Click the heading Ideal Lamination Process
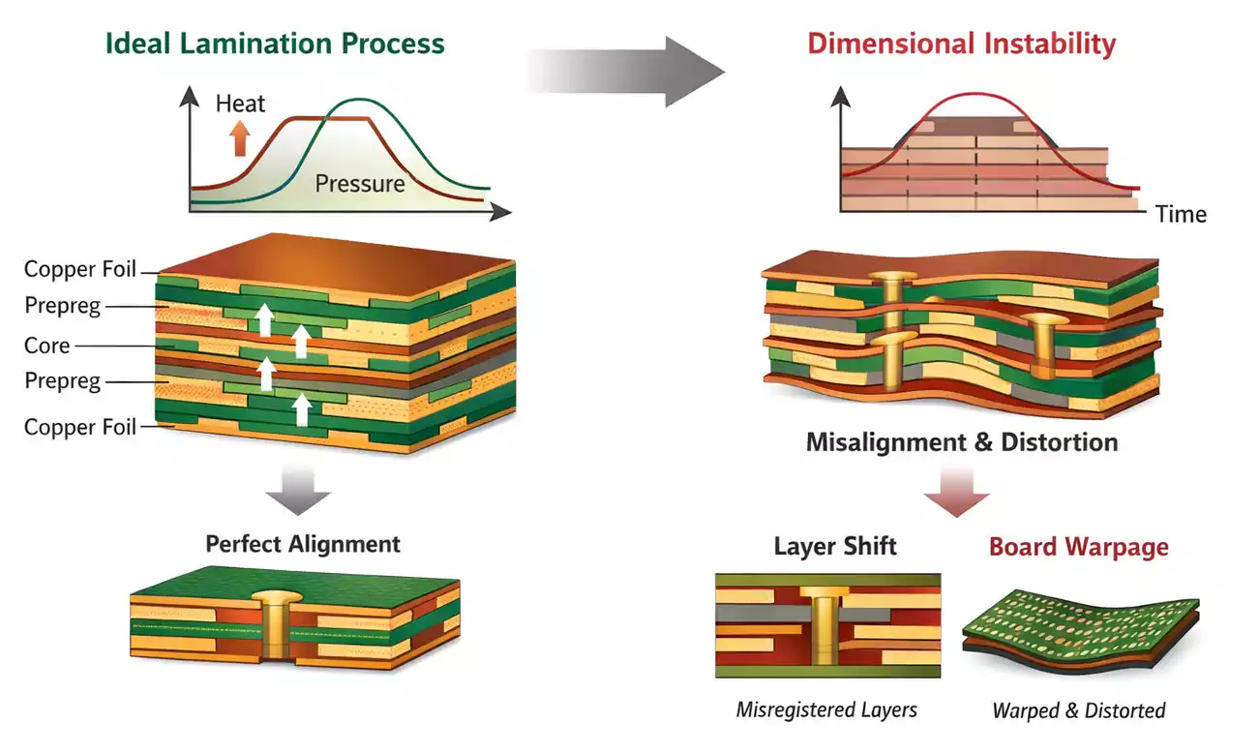click(x=275, y=44)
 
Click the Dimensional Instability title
click(x=962, y=44)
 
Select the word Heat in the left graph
click(x=240, y=104)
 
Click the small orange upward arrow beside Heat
click(x=239, y=139)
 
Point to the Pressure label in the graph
click(x=360, y=183)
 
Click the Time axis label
click(x=1181, y=214)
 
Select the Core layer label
click(x=47, y=346)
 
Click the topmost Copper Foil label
click(x=80, y=269)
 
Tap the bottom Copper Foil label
click(x=80, y=427)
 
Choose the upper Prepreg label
click(x=63, y=306)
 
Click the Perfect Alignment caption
click(x=303, y=544)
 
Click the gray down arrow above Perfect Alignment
click(x=298, y=495)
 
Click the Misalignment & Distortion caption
click(x=962, y=443)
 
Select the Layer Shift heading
click(x=835, y=546)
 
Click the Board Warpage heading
click(x=1078, y=547)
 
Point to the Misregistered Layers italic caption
click(x=826, y=709)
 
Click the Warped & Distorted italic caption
click(x=1078, y=710)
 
